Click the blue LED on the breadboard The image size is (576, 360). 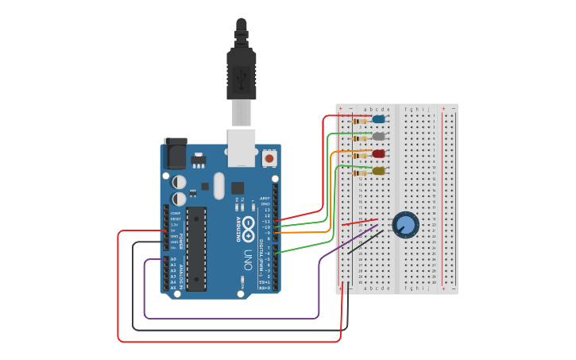(x=378, y=119)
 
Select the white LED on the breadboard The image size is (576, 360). (x=379, y=136)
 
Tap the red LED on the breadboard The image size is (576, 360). (x=379, y=153)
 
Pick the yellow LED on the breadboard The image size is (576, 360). (x=379, y=171)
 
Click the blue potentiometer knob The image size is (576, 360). (x=405, y=224)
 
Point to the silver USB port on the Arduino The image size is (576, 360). (x=242, y=147)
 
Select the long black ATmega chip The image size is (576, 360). (x=196, y=248)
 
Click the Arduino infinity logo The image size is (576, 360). (x=248, y=225)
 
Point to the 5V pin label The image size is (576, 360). (x=172, y=230)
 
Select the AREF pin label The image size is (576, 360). (x=265, y=197)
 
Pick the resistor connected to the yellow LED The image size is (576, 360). (x=361, y=172)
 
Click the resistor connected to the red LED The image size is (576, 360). (x=361, y=155)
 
